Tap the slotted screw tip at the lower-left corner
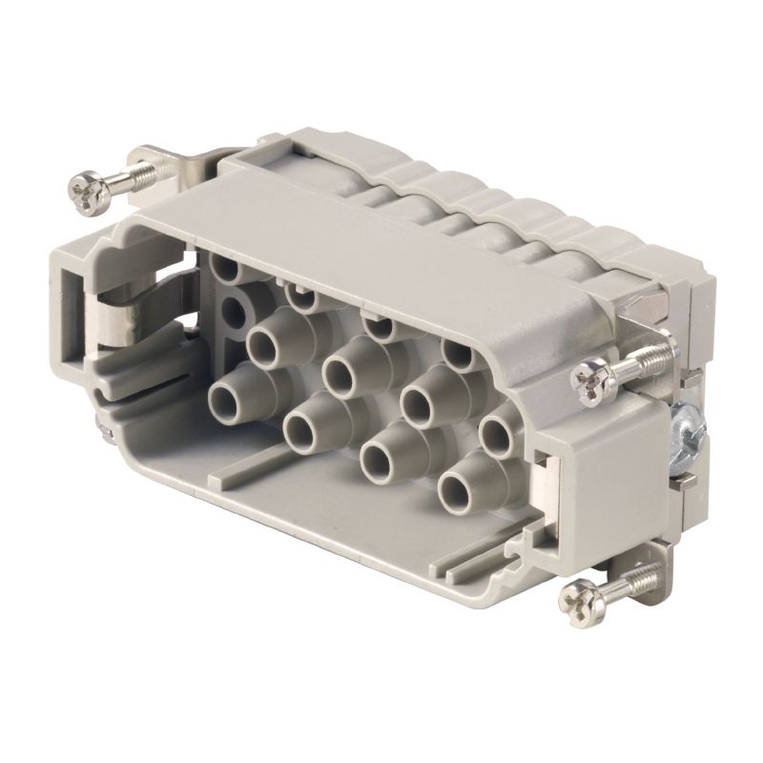[x=103, y=432]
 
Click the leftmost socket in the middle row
[x=264, y=339]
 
